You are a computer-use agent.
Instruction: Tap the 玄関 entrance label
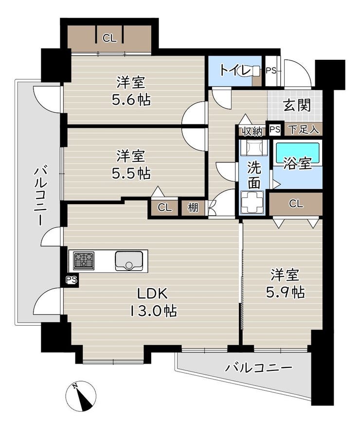(297, 105)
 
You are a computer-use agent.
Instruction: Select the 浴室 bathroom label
(298, 164)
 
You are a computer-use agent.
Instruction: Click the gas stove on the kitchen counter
(84, 261)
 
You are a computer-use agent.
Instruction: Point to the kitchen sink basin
(129, 261)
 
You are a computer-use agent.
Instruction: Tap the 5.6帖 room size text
(131, 100)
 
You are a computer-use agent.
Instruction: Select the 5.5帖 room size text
(131, 174)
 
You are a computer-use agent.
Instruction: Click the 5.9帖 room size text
(285, 292)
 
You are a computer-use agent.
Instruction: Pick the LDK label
(152, 294)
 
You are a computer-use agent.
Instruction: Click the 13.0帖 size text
(153, 311)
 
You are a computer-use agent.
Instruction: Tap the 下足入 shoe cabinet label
(303, 130)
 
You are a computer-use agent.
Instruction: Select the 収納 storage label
(252, 131)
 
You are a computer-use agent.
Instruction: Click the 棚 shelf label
(193, 208)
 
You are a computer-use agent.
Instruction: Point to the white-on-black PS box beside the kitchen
(72, 280)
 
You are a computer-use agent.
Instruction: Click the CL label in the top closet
(109, 38)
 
